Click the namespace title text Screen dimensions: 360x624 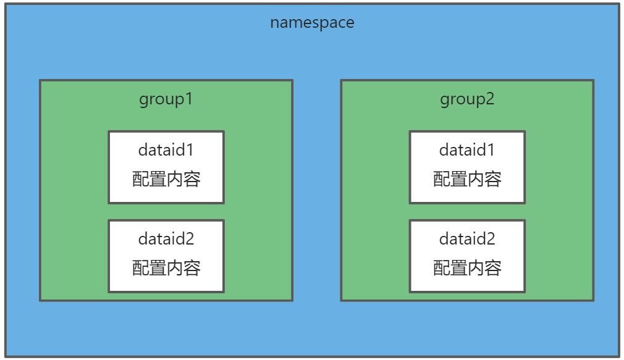312,23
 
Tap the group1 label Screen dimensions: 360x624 166,99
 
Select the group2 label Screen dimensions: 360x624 467,99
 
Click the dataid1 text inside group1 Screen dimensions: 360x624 166,150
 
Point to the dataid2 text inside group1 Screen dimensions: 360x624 166,239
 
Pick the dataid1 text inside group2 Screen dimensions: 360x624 467,150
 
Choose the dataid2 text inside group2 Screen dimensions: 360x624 467,239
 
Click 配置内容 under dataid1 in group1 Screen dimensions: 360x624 166,179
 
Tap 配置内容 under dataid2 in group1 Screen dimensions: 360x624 166,268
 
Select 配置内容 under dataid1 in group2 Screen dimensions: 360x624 467,179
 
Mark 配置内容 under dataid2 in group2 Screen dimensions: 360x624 467,268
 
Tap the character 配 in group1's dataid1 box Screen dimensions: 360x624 141,179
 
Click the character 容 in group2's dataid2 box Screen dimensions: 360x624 492,268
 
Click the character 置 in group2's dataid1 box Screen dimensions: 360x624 459,179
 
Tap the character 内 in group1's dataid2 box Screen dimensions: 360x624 175,268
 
